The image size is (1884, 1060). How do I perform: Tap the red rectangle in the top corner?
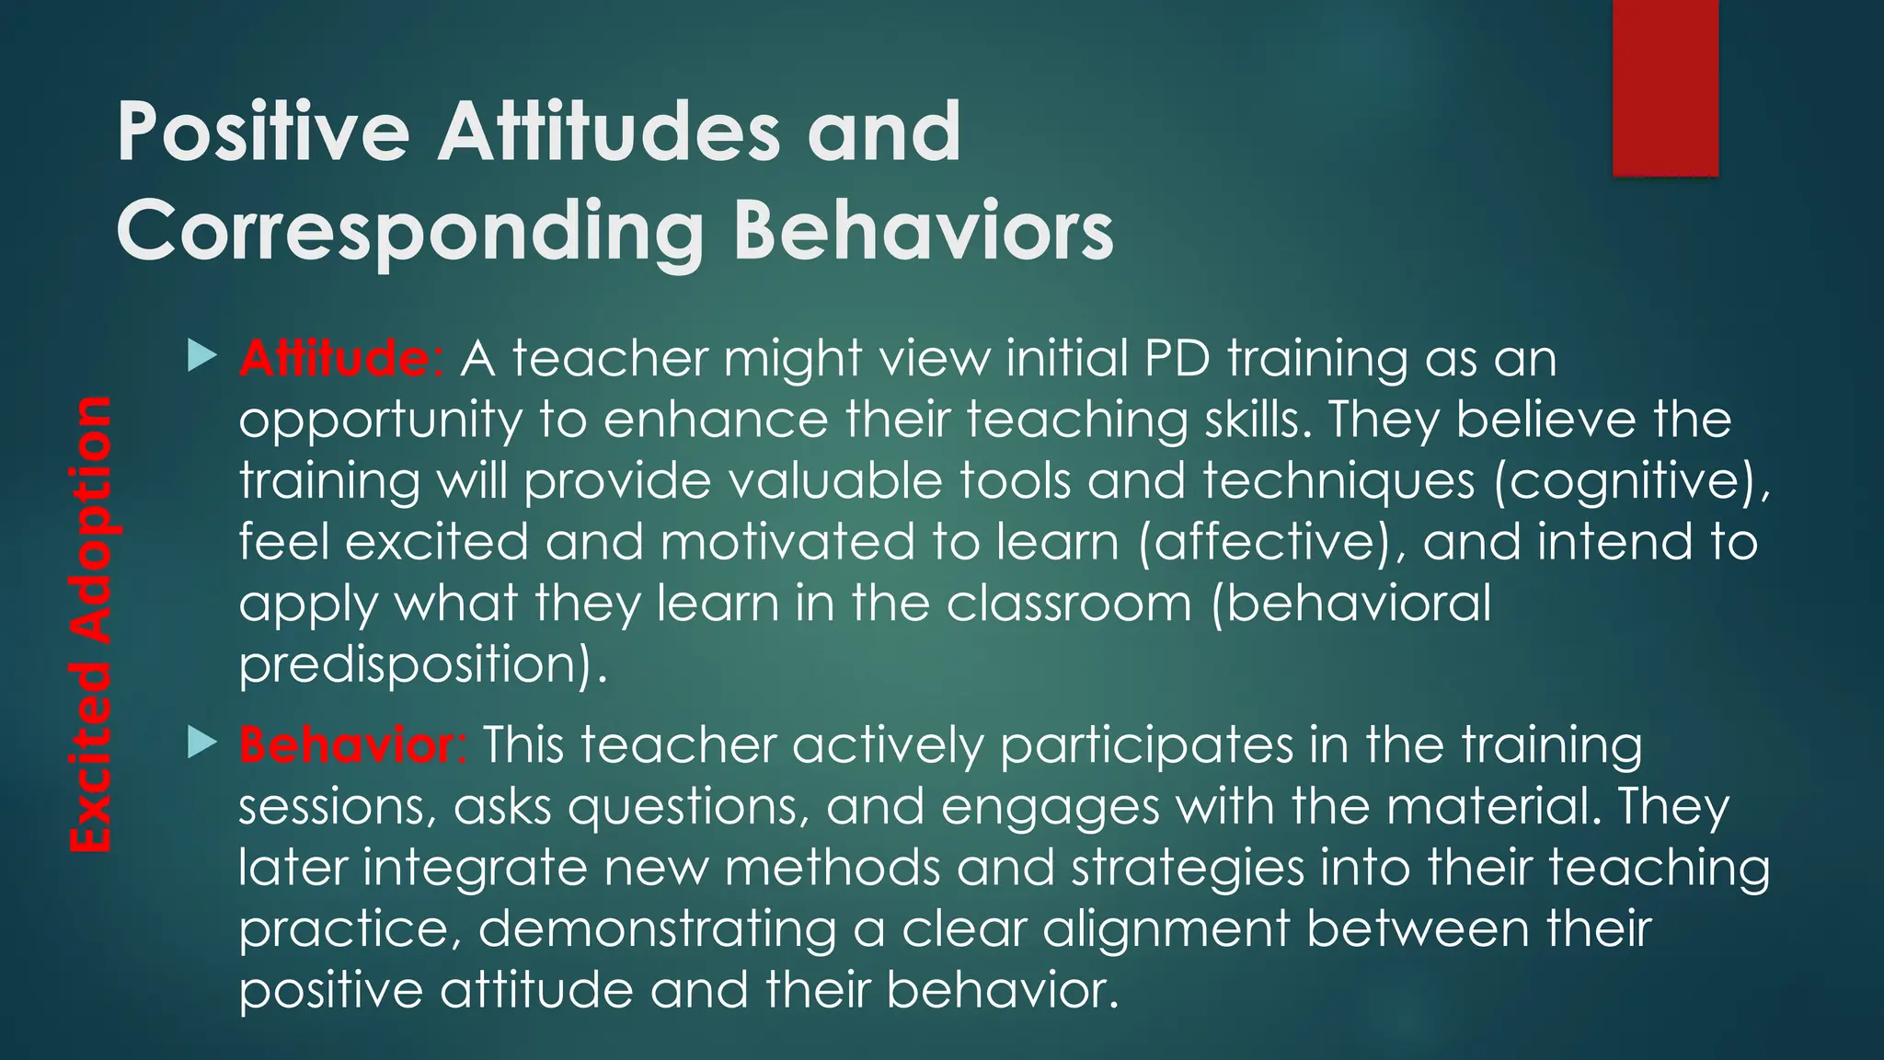(1665, 87)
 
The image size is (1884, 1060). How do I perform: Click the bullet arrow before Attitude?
(201, 356)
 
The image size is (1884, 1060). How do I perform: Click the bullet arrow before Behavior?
(201, 743)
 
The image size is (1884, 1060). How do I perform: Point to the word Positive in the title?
(263, 132)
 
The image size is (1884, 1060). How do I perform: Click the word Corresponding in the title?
(409, 232)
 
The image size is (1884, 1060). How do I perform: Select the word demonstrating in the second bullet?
(657, 929)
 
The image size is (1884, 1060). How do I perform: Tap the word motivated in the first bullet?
(787, 542)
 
